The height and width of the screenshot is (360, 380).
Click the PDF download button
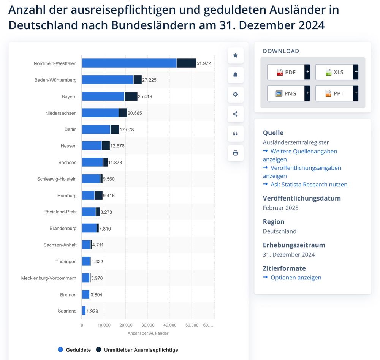(286, 72)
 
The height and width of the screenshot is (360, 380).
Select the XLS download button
(334, 72)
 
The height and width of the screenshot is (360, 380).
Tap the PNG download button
(286, 93)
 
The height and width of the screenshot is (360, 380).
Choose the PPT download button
(334, 93)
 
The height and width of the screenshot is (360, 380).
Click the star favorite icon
(235, 55)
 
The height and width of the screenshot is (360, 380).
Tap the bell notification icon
(235, 75)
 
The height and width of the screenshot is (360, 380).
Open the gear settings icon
(235, 94)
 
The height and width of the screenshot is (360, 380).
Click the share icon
(235, 114)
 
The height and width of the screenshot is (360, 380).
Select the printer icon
(235, 153)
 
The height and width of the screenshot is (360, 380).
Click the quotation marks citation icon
(235, 133)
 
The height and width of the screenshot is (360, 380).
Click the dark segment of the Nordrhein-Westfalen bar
(186, 63)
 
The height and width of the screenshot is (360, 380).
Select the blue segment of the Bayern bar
(103, 96)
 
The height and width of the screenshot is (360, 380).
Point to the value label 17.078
(127, 130)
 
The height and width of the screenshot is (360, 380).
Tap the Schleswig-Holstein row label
(57, 179)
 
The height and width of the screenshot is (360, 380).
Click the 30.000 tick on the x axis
(148, 325)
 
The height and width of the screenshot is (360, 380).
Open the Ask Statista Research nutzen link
(309, 185)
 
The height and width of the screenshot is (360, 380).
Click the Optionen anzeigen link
(296, 278)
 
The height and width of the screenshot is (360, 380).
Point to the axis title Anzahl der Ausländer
(148, 333)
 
